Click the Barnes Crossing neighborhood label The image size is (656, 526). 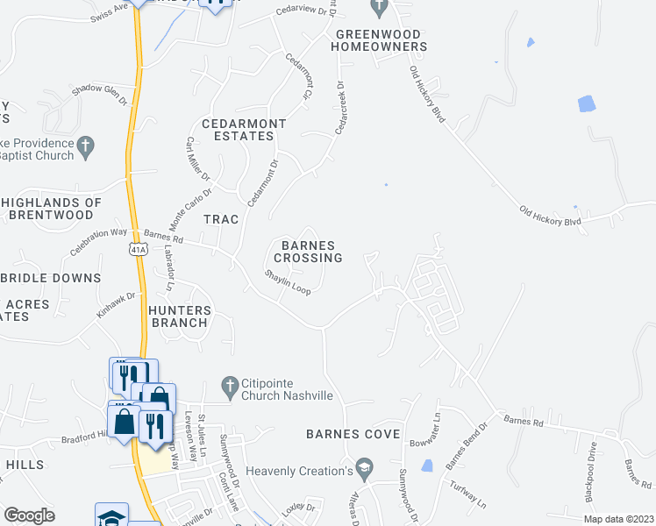click(x=307, y=252)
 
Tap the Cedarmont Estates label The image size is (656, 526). click(x=238, y=130)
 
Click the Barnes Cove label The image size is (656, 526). click(x=353, y=434)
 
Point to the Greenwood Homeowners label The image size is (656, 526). click(x=380, y=39)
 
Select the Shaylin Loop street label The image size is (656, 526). click(x=289, y=281)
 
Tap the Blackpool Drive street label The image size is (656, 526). click(x=592, y=473)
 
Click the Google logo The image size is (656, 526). click(x=29, y=515)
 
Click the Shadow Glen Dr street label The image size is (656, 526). click(x=99, y=94)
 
